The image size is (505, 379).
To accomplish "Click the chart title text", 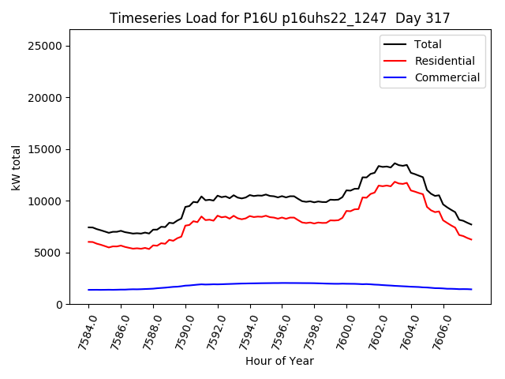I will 280,18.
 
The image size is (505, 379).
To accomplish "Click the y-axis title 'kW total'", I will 16,167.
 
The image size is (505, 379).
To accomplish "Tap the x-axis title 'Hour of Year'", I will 279,361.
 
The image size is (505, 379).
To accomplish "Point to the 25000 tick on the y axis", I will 46,46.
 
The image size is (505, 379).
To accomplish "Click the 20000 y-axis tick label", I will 46,98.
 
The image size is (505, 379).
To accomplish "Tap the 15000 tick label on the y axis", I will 46,149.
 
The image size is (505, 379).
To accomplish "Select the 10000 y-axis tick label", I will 46,201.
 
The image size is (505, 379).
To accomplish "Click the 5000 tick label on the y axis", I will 49,253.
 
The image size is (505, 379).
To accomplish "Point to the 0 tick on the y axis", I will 59,305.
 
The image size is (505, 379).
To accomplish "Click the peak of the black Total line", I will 395,163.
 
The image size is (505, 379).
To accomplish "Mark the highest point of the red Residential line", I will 395,182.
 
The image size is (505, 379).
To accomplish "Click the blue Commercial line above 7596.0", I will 282,283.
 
